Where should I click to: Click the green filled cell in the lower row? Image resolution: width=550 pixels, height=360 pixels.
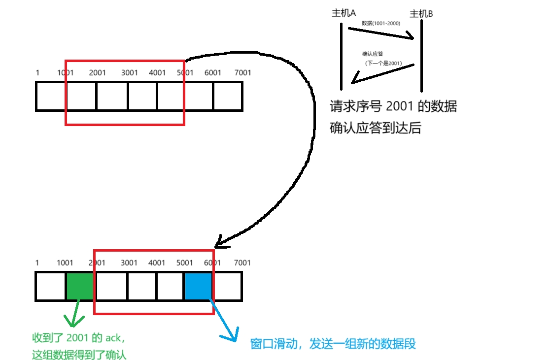click(79, 286)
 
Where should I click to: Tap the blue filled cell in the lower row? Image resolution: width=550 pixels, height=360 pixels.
click(199, 286)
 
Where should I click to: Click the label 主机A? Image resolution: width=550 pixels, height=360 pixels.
click(344, 13)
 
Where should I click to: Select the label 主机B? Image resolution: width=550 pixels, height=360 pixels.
click(421, 14)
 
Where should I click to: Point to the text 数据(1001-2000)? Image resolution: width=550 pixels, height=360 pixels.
click(380, 23)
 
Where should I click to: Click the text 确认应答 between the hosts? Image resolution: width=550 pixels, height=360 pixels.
click(373, 54)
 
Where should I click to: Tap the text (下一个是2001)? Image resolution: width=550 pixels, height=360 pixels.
click(383, 64)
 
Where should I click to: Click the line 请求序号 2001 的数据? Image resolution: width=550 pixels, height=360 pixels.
click(393, 106)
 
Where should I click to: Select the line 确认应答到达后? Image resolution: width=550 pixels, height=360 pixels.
click(376, 129)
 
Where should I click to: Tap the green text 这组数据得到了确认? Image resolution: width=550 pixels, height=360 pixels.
click(79, 354)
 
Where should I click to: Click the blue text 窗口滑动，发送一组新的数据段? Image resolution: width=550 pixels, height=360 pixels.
click(333, 344)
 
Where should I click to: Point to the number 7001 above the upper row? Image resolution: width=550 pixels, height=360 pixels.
click(242, 73)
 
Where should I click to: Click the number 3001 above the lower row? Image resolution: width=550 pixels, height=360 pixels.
click(129, 263)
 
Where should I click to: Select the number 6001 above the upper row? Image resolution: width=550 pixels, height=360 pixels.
click(213, 73)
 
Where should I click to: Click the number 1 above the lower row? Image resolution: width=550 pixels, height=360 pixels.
click(37, 263)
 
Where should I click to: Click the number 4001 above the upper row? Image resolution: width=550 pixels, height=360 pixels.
click(157, 73)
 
